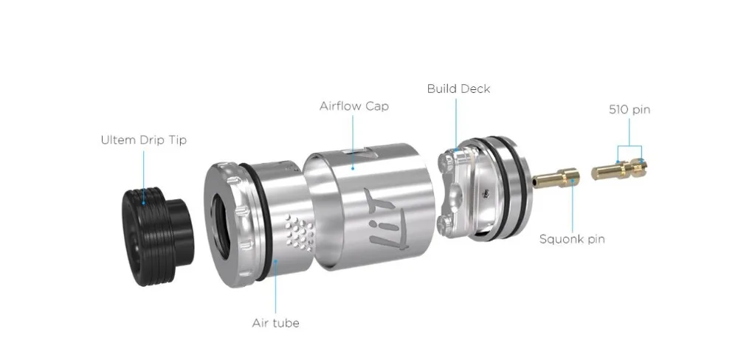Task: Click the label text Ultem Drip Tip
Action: click(x=144, y=140)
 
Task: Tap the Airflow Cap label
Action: click(x=354, y=106)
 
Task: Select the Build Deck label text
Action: click(x=458, y=89)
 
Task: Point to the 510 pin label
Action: click(x=630, y=110)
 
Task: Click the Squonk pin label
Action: click(x=572, y=239)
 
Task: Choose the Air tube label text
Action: click(x=275, y=323)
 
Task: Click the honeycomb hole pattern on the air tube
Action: click(x=300, y=232)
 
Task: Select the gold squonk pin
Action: click(x=556, y=177)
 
